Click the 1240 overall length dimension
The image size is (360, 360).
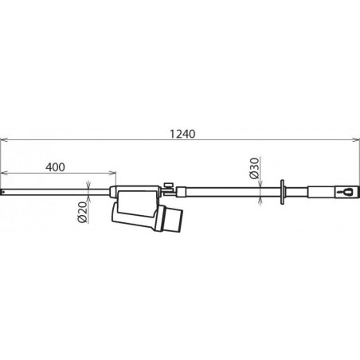pos(182,134)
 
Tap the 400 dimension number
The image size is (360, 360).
pos(55,167)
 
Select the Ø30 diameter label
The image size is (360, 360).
pos(254,168)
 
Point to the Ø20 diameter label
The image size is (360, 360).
pos(83,213)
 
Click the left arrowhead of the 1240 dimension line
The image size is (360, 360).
pos(3,140)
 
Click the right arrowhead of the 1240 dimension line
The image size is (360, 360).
pos(357,140)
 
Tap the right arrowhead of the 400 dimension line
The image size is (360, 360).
pos(114,174)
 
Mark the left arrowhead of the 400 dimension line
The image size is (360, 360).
pos(3,174)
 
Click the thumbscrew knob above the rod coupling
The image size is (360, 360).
pos(168,185)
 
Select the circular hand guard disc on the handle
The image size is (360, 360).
pos(282,192)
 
